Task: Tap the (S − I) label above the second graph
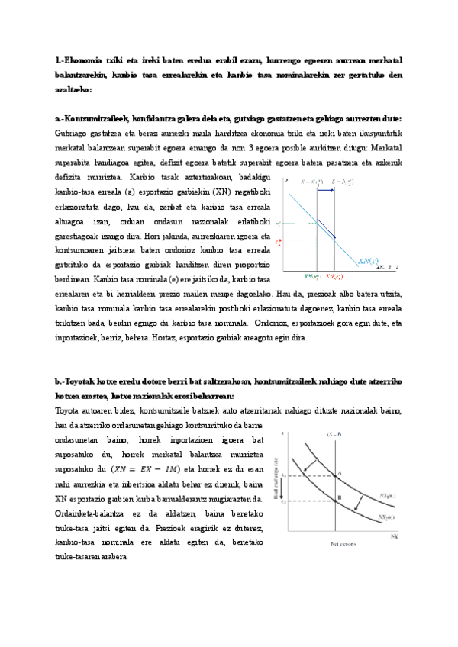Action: tap(334, 433)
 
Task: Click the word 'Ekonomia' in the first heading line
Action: tap(85, 61)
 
